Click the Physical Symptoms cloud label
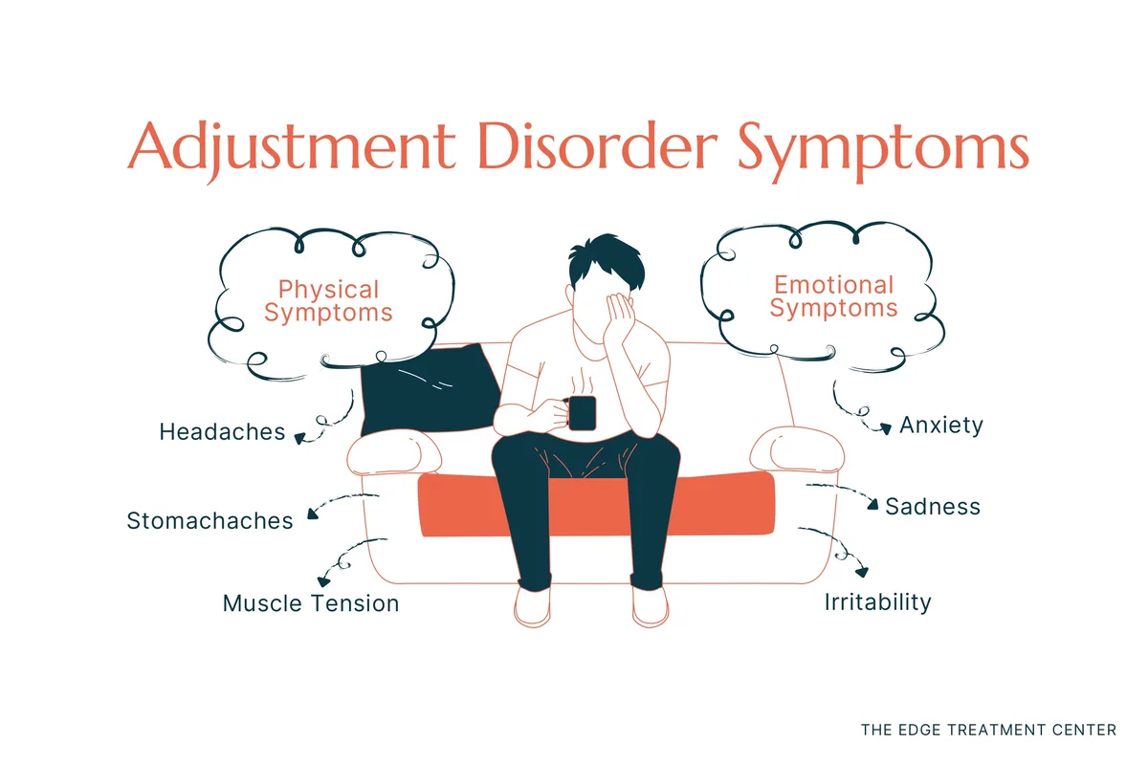click(x=328, y=300)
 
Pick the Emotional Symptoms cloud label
click(x=833, y=295)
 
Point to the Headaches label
click(x=222, y=432)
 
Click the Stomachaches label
click(x=210, y=521)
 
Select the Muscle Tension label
click(x=310, y=603)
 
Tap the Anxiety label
click(x=941, y=426)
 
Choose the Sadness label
click(x=933, y=506)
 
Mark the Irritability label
click(x=877, y=602)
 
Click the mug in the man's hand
click(x=582, y=412)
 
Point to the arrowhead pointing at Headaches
click(x=299, y=439)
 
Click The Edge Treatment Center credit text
click(x=988, y=730)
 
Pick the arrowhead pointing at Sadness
click(x=872, y=504)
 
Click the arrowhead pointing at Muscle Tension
click(x=322, y=579)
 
